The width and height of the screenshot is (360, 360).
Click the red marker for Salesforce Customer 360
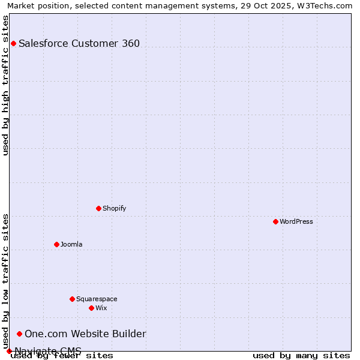(13, 43)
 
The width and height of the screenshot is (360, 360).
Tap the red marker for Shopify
(98, 208)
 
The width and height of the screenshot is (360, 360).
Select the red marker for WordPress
(275, 221)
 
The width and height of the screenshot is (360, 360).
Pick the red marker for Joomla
(56, 244)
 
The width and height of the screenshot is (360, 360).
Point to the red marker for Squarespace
(72, 299)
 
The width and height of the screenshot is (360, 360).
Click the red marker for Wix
(91, 308)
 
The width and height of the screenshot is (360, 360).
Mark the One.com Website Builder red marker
(19, 334)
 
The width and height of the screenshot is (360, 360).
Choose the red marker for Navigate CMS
(9, 351)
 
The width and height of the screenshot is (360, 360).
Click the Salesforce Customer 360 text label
(79, 43)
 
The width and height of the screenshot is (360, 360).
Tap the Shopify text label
(114, 208)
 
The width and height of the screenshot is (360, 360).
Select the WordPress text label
(296, 221)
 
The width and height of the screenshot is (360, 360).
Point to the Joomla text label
(71, 244)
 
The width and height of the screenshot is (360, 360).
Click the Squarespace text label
(97, 299)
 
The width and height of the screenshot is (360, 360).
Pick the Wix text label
(101, 308)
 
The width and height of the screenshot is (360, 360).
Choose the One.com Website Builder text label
(85, 334)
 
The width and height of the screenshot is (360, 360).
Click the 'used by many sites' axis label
(301, 355)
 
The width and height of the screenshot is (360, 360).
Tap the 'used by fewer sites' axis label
(62, 355)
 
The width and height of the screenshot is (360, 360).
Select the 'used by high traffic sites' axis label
(5, 85)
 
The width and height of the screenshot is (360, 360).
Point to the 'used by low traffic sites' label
(5, 281)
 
